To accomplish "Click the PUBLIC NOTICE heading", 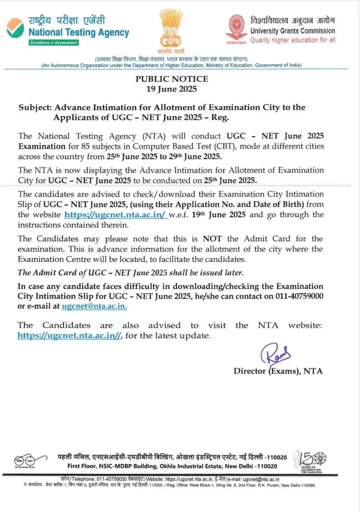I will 172,79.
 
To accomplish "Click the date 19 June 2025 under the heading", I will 172,89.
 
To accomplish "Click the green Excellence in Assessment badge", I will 54,42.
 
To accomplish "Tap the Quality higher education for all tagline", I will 293,40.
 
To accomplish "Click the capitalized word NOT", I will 212,239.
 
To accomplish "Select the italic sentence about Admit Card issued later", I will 130,273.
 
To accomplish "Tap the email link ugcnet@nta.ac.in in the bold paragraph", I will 94,306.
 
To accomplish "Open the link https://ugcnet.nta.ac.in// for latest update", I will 69,336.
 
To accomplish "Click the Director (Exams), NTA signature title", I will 278,371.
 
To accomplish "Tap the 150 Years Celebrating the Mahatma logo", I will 310,462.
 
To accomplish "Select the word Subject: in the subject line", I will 35,107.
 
